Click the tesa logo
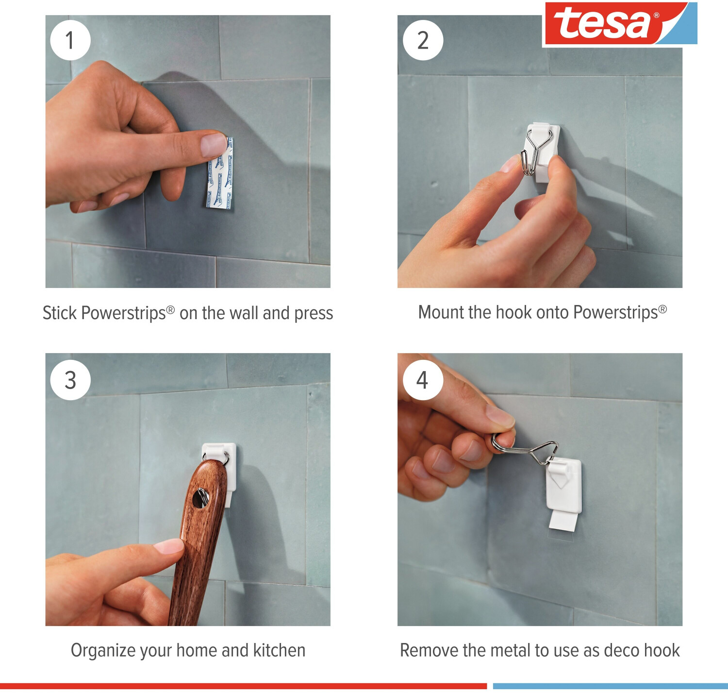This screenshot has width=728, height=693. click(x=619, y=24)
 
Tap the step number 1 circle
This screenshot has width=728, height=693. click(x=70, y=40)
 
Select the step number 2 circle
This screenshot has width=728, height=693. click(x=423, y=40)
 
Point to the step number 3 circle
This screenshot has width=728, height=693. click(x=70, y=380)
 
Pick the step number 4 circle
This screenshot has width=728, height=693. click(x=423, y=380)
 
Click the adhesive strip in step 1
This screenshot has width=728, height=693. click(x=220, y=173)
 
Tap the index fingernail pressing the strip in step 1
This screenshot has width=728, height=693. click(x=214, y=145)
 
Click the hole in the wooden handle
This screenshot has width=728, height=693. click(x=200, y=498)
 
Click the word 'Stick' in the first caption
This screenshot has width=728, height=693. click(x=60, y=313)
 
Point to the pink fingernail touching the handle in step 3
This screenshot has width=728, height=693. click(x=168, y=547)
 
